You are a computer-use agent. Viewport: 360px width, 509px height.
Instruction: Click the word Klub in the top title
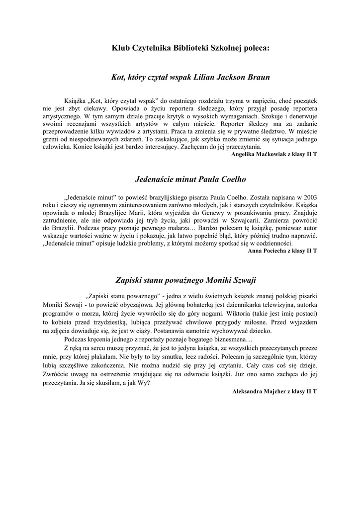point(121,48)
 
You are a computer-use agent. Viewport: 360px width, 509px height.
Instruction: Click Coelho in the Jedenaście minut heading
point(230,179)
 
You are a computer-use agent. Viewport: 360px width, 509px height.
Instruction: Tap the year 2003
point(307,196)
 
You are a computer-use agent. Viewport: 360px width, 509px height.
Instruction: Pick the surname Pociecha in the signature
point(274,251)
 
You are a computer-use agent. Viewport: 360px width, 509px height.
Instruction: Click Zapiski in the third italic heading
point(129,280)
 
